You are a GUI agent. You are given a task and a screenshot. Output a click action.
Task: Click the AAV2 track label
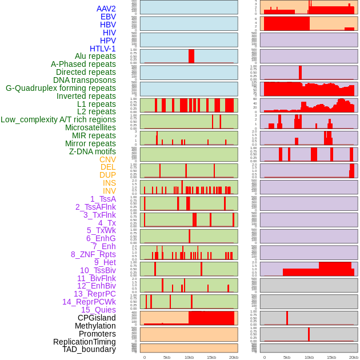[106, 9]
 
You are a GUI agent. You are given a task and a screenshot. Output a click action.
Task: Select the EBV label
[108, 17]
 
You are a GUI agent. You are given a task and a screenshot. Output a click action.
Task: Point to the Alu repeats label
[95, 56]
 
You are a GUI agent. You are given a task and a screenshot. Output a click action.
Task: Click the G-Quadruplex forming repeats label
[61, 88]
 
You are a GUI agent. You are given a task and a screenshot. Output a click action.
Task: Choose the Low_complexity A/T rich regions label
[58, 119]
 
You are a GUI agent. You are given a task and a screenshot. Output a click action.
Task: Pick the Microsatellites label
[90, 127]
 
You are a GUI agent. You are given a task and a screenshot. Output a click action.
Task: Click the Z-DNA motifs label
[93, 151]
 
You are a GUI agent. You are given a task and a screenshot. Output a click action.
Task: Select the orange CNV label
[107, 159]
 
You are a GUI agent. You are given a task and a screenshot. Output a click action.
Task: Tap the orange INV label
[109, 191]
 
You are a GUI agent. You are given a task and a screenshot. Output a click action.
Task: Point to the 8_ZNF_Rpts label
[93, 254]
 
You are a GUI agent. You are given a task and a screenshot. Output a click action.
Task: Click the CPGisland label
[97, 318]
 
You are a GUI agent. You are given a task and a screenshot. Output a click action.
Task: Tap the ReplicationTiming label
[85, 342]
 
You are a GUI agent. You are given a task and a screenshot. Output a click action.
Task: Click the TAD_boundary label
[89, 349]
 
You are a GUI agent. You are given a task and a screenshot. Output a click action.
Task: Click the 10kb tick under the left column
[189, 357]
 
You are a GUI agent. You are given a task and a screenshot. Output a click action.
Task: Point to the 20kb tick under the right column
[354, 357]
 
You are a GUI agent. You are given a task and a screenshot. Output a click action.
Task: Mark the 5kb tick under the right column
[287, 357]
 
